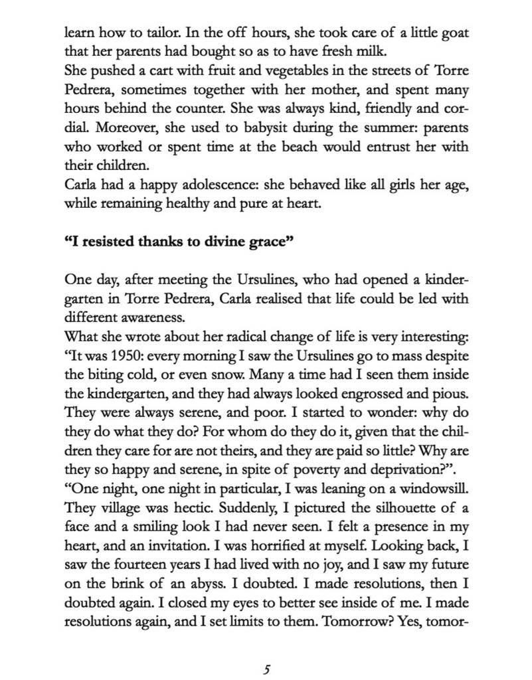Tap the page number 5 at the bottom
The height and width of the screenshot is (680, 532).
click(x=266, y=669)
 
